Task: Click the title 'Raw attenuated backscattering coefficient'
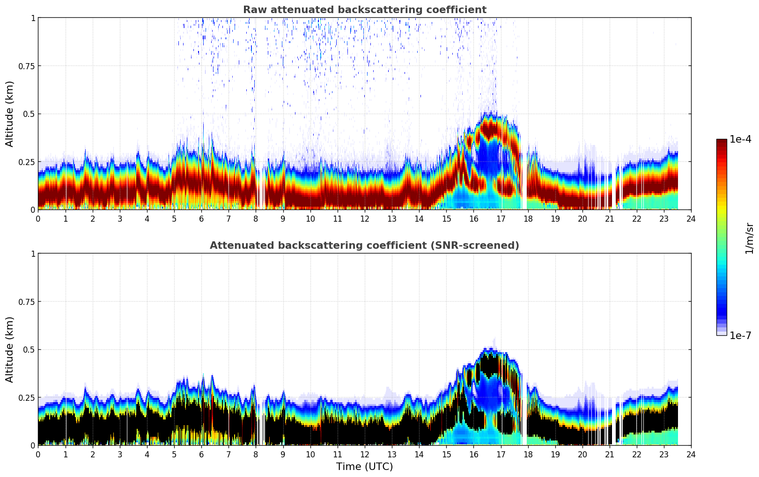pyautogui.click(x=364, y=10)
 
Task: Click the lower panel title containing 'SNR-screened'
pyautogui.click(x=364, y=246)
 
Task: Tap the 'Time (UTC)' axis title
pyautogui.click(x=364, y=467)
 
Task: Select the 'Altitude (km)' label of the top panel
pyautogui.click(x=10, y=114)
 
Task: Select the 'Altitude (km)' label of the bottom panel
pyautogui.click(x=10, y=349)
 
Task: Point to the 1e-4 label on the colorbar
pyautogui.click(x=740, y=139)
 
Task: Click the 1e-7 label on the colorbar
pyautogui.click(x=740, y=335)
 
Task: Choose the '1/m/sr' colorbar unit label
pyautogui.click(x=749, y=238)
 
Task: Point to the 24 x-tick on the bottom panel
pyautogui.click(x=691, y=455)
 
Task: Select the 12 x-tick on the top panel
pyautogui.click(x=364, y=219)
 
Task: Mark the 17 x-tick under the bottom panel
pyautogui.click(x=501, y=455)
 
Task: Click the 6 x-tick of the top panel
pyautogui.click(x=201, y=219)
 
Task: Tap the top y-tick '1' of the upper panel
pyautogui.click(x=33, y=18)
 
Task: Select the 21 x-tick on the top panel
pyautogui.click(x=609, y=219)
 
